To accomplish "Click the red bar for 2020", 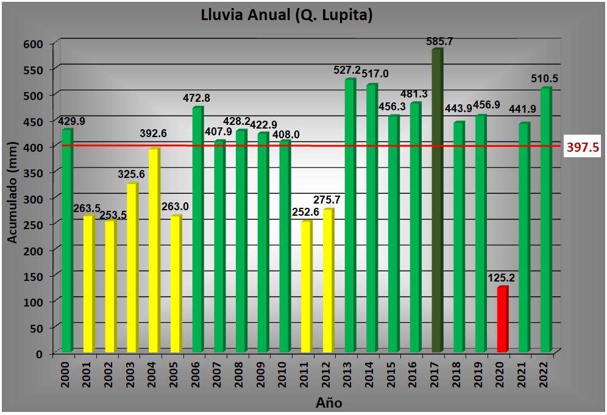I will click(x=502, y=319).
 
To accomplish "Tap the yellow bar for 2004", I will click(x=154, y=250).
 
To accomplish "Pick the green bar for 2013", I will click(x=350, y=216).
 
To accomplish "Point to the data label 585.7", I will click(x=439, y=41).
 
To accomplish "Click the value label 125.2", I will click(x=502, y=278).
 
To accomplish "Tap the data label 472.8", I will click(x=197, y=98).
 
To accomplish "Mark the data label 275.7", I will click(x=327, y=200).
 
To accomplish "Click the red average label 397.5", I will click(x=583, y=147).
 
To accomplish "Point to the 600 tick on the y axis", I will click(x=35, y=44).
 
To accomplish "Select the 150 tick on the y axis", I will click(x=35, y=277).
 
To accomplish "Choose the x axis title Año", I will click(x=328, y=403).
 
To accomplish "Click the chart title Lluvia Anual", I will click(x=286, y=15).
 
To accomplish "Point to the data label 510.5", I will click(x=545, y=79).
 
